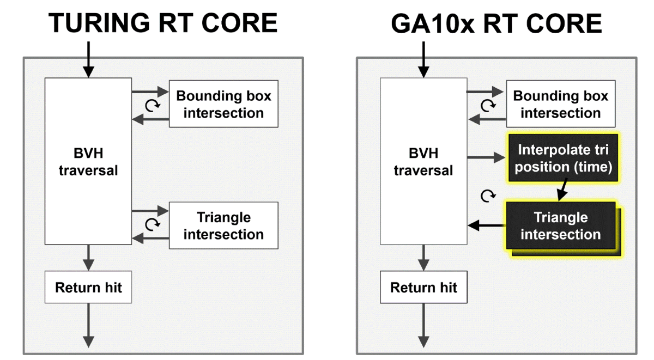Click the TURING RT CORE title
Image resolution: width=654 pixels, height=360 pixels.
(x=163, y=23)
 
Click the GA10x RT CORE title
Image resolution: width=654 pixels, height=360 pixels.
(x=496, y=23)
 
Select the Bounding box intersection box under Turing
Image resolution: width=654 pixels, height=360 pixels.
(x=223, y=104)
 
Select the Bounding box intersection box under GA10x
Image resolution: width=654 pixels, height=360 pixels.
(x=561, y=104)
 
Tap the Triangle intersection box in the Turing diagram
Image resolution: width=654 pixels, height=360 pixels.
(x=223, y=225)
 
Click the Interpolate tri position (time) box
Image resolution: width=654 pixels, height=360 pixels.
(x=563, y=158)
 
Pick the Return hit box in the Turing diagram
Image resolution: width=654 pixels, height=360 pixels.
(x=88, y=287)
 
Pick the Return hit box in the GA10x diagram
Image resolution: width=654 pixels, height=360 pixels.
(x=423, y=287)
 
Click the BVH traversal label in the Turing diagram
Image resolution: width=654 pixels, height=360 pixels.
(x=88, y=162)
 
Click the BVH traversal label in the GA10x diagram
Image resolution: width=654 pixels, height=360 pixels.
(x=423, y=162)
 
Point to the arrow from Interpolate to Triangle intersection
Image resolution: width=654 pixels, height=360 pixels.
(x=562, y=190)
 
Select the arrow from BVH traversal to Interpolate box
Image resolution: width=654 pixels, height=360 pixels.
(x=486, y=157)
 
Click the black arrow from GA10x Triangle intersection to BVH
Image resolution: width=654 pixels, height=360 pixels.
(x=487, y=225)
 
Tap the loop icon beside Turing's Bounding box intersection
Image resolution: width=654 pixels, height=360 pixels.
(x=153, y=106)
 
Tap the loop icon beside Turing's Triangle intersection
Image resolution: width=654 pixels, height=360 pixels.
(x=153, y=224)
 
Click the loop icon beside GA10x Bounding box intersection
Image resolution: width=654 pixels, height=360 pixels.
(x=488, y=106)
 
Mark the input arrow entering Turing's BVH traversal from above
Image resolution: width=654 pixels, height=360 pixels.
(x=88, y=60)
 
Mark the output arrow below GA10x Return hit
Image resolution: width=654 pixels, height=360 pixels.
(x=423, y=325)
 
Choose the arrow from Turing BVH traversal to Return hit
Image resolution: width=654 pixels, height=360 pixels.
(x=88, y=258)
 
